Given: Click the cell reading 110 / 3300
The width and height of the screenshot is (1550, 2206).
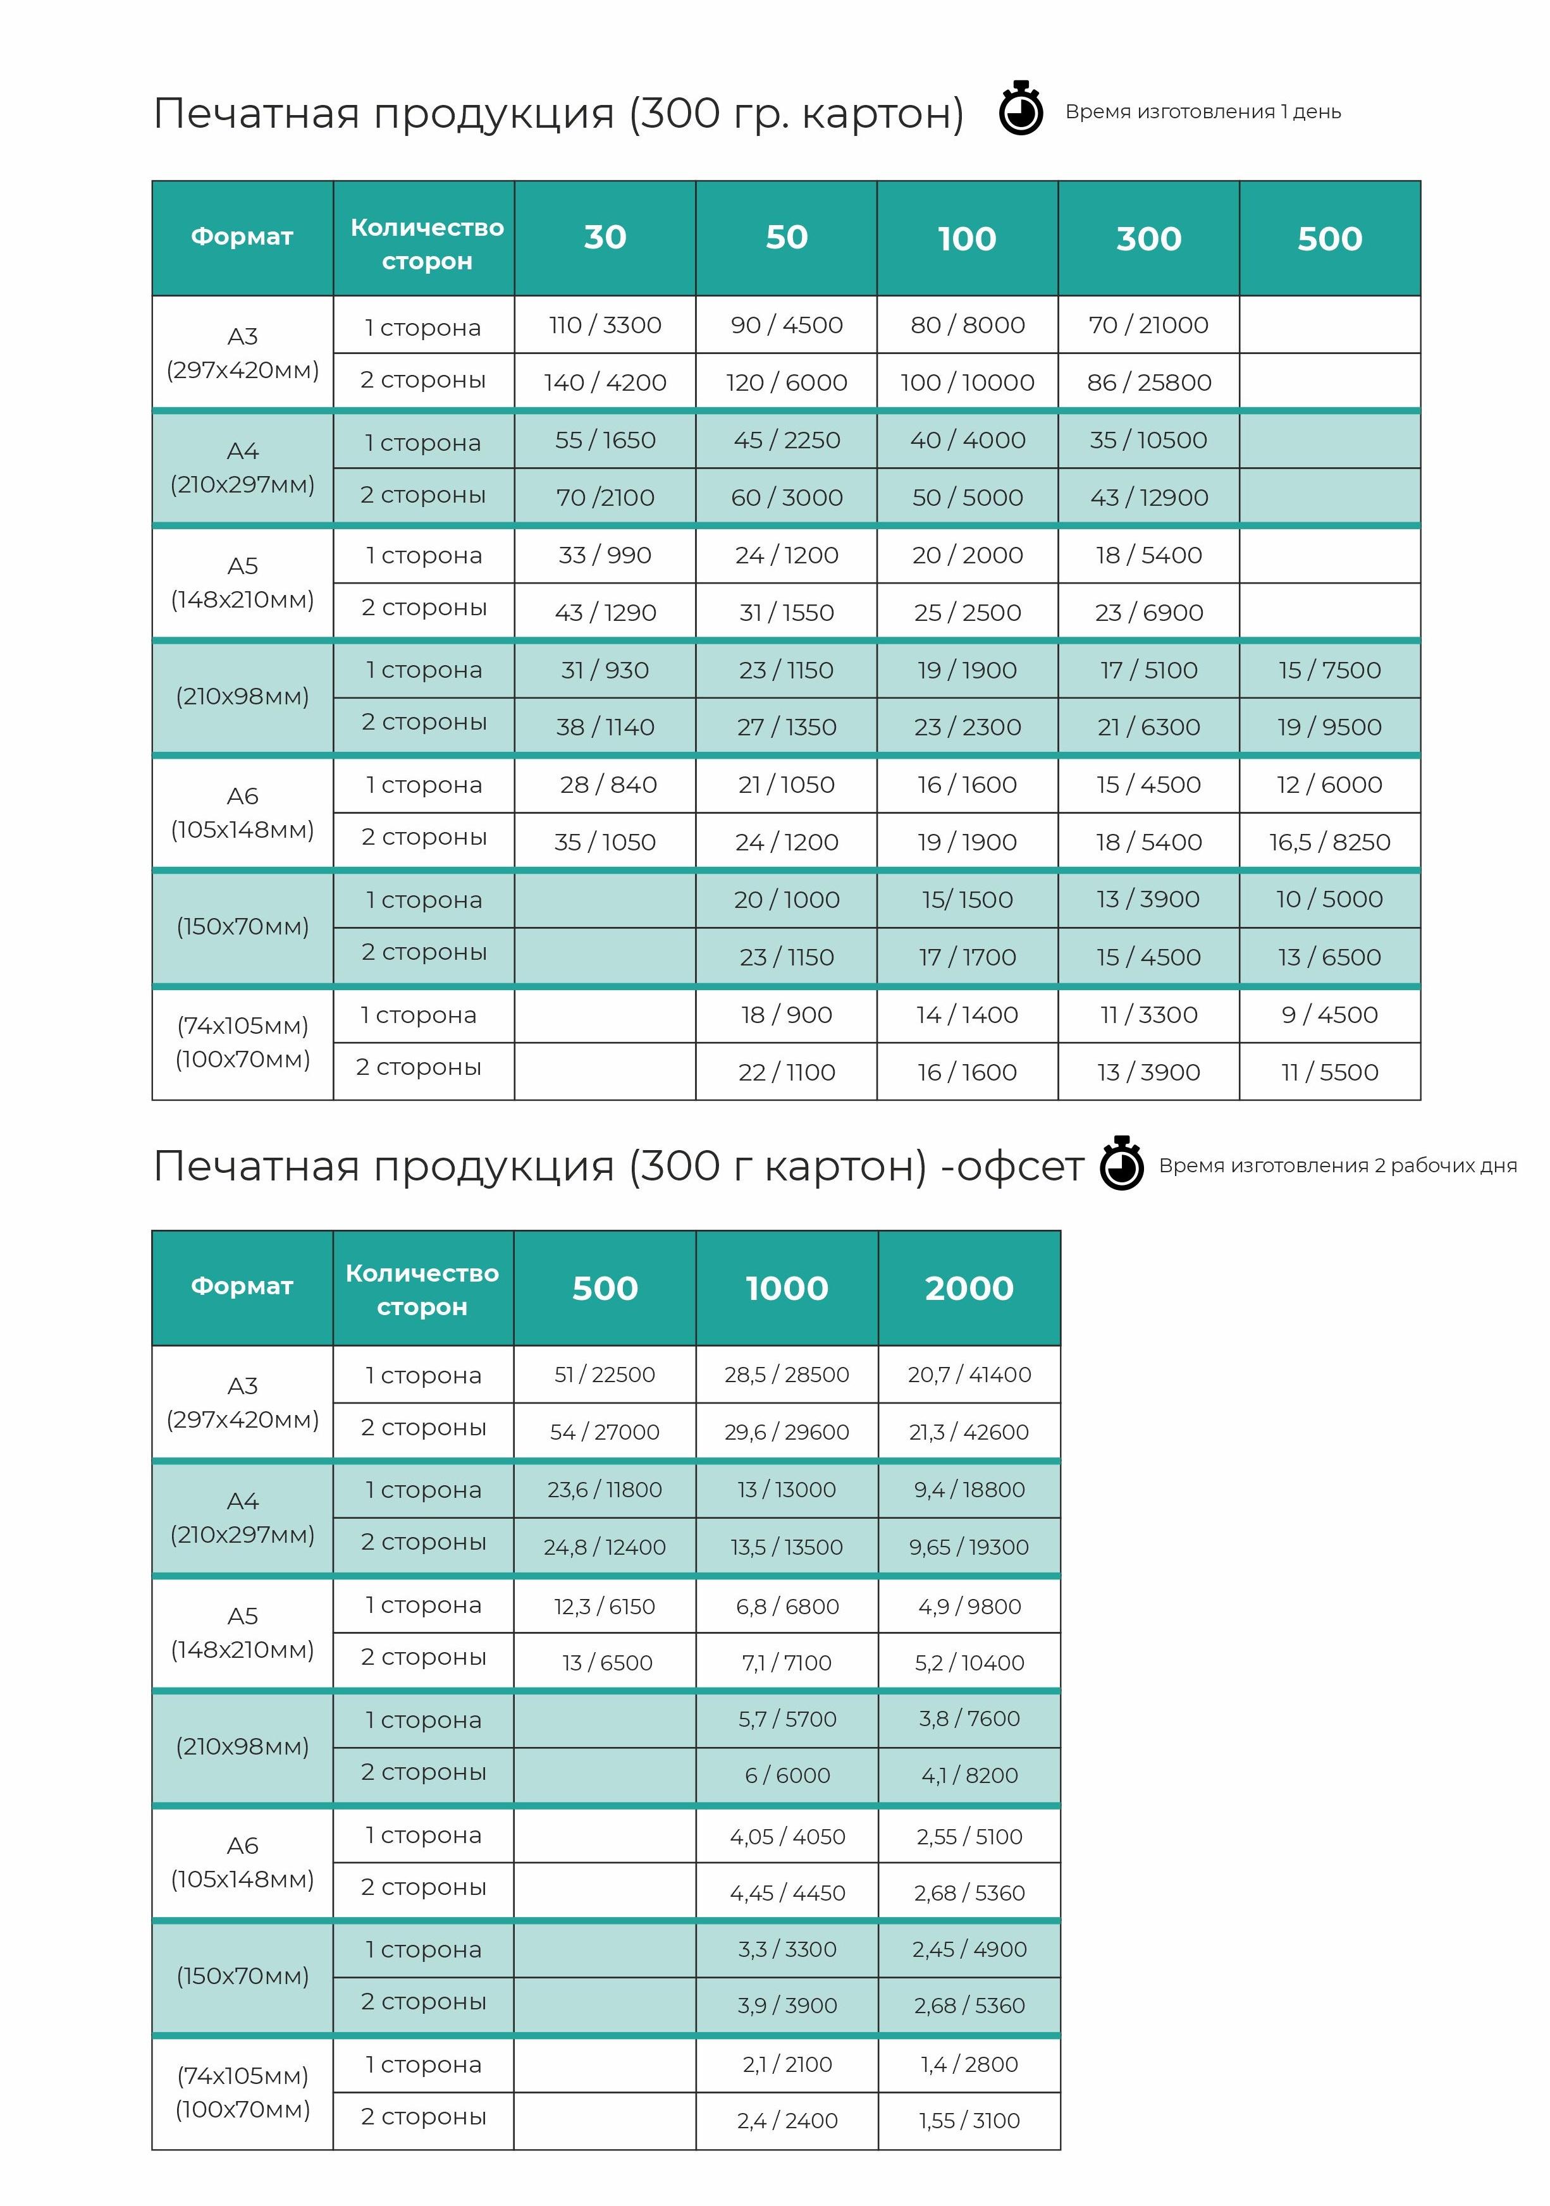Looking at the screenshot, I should click(x=605, y=325).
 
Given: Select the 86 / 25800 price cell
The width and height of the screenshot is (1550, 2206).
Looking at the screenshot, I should click(x=1148, y=383).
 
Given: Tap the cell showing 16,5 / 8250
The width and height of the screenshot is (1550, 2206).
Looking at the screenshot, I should click(x=1329, y=842).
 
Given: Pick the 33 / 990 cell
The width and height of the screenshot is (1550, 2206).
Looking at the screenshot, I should click(x=605, y=555).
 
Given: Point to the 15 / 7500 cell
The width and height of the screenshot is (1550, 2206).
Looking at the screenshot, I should click(x=1329, y=670).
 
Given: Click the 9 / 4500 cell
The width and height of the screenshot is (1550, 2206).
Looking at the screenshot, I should click(x=1329, y=1015).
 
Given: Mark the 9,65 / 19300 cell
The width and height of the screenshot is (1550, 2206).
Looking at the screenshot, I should click(x=969, y=1547).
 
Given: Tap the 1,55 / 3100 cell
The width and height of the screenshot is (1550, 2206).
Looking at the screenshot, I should click(x=969, y=2121).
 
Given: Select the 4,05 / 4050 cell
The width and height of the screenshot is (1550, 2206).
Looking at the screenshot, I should click(x=787, y=1836).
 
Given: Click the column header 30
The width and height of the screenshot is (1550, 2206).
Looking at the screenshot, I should click(x=605, y=237).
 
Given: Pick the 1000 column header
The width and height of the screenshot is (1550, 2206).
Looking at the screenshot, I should click(x=787, y=1287).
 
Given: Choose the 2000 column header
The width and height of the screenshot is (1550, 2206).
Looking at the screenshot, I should click(x=969, y=1287).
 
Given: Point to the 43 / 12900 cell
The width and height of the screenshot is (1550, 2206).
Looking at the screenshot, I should click(x=1148, y=498).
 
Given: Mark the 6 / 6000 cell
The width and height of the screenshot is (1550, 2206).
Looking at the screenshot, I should click(x=787, y=1775).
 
